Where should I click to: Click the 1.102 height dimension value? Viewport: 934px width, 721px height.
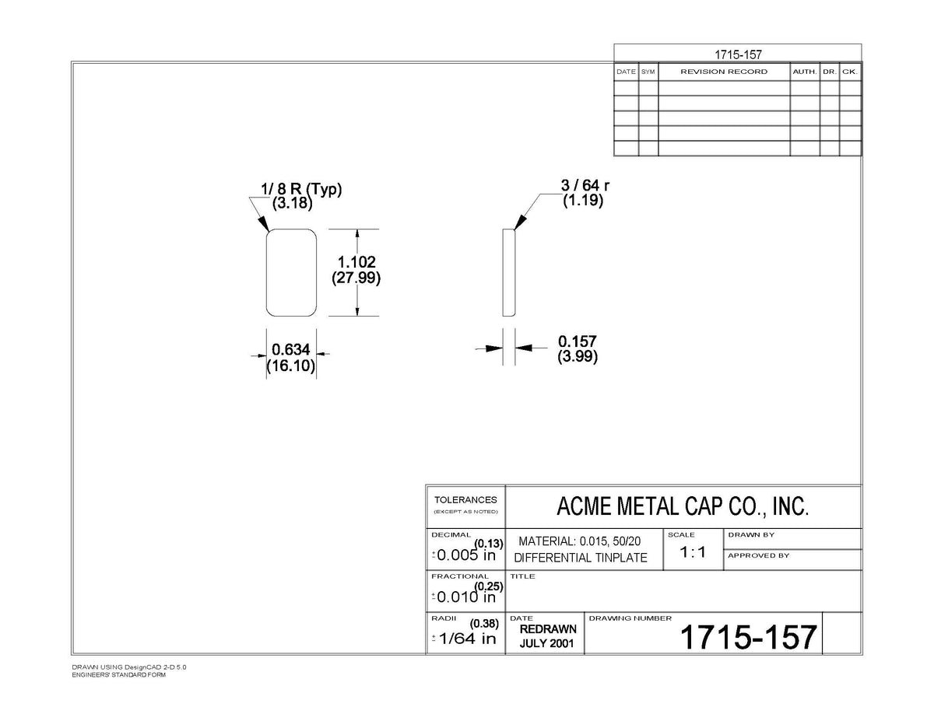(x=356, y=261)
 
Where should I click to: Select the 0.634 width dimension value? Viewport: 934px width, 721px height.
(x=291, y=349)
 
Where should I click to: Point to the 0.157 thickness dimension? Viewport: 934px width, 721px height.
(x=578, y=341)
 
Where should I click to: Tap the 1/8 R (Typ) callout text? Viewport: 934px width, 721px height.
(x=301, y=188)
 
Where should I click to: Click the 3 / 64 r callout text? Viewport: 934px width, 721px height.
(x=585, y=185)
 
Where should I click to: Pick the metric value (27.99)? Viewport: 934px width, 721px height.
(x=356, y=278)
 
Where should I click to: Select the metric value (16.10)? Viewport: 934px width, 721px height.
(x=291, y=366)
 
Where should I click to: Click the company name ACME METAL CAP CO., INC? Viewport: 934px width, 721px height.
(x=683, y=506)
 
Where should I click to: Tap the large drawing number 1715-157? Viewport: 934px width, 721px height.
(x=748, y=636)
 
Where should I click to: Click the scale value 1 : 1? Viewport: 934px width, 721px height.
(x=693, y=551)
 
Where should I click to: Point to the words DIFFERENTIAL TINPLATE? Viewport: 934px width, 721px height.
(x=581, y=558)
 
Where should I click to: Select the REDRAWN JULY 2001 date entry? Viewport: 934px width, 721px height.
(x=548, y=636)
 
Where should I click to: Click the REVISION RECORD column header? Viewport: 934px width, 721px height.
(x=724, y=72)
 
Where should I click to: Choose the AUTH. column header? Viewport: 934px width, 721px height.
(x=805, y=72)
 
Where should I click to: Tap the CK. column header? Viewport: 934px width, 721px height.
(x=850, y=72)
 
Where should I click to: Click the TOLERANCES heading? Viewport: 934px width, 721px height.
(x=465, y=500)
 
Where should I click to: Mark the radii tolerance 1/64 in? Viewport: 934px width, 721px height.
(x=467, y=639)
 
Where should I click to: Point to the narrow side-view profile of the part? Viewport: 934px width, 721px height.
(x=509, y=273)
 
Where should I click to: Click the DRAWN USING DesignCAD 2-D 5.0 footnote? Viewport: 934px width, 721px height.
(x=129, y=667)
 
